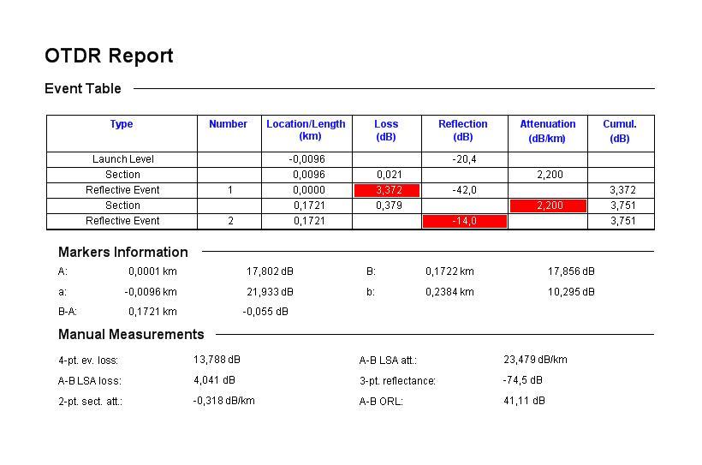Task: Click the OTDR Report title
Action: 109,57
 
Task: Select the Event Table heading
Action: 83,89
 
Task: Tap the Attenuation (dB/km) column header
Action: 547,131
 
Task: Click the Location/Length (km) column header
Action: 306,130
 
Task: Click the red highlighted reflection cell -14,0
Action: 464,221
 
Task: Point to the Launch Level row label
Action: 122,159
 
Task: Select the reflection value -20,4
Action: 464,159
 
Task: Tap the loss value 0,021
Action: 389,175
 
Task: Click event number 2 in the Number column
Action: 229,221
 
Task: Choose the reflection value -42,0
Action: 464,190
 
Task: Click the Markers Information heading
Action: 122,253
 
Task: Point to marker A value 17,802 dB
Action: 270,271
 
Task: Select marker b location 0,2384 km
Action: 449,292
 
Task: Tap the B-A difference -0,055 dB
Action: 265,312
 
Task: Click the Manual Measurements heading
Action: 131,335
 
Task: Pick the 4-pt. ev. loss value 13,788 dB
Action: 217,360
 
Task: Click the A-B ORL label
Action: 381,402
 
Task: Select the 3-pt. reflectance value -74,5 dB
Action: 522,380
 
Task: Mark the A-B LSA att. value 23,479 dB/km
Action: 535,360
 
